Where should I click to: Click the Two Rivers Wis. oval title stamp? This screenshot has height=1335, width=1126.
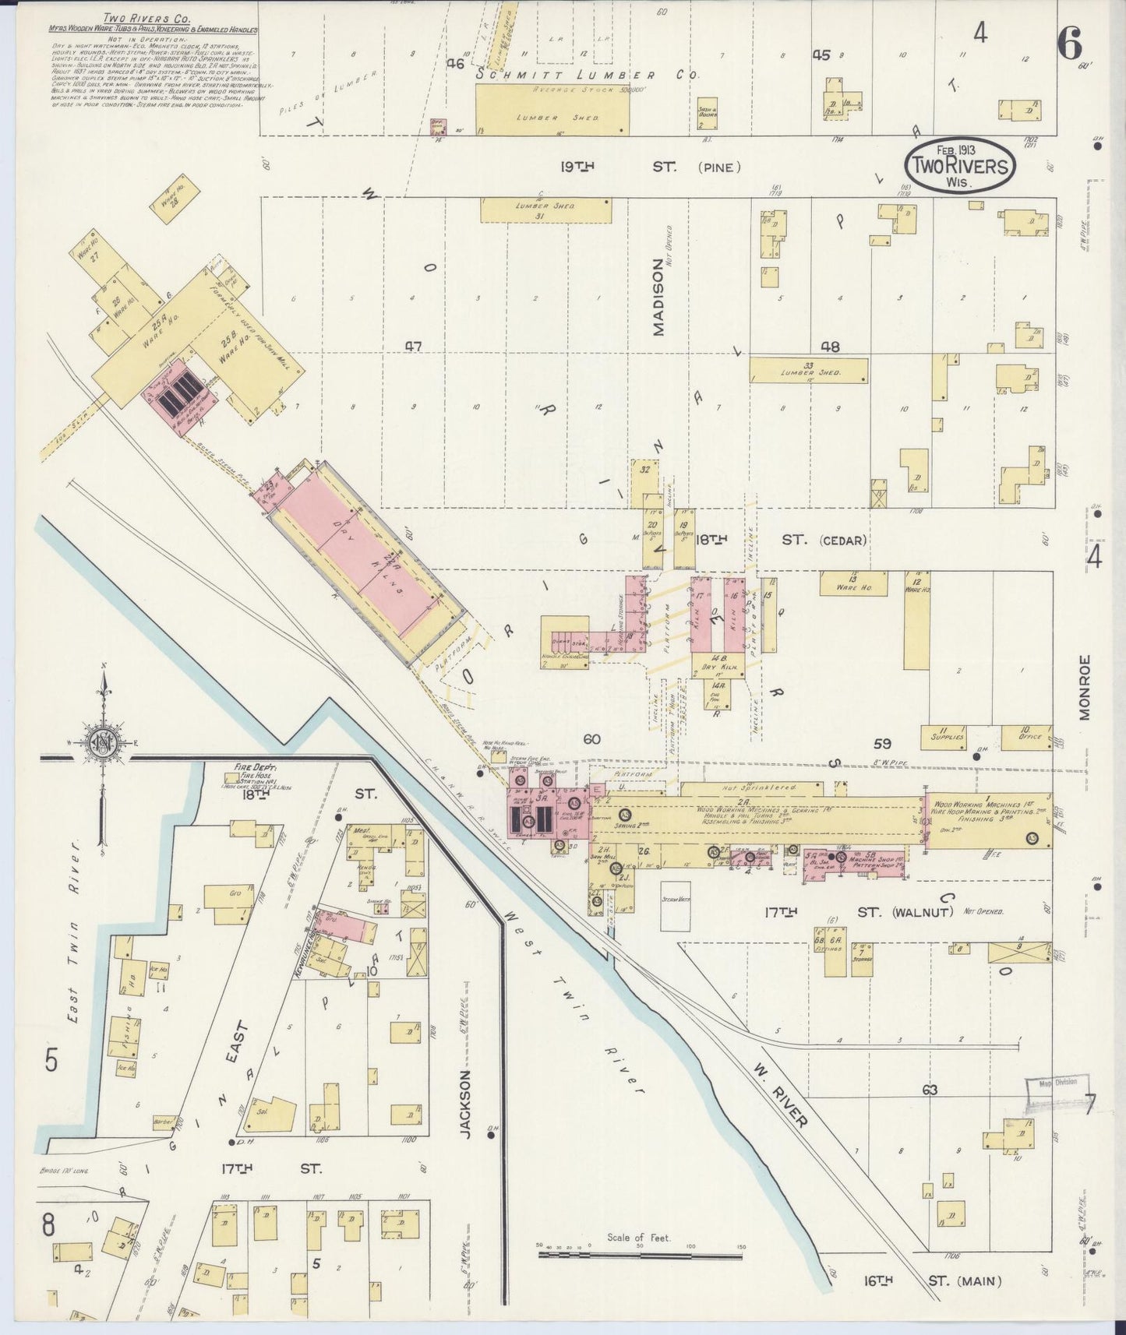pyautogui.click(x=960, y=164)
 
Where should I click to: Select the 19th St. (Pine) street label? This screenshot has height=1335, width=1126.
pyautogui.click(x=650, y=166)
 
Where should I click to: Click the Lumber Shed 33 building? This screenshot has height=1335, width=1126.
pyautogui.click(x=808, y=370)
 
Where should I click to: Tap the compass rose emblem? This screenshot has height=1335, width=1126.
pyautogui.click(x=103, y=741)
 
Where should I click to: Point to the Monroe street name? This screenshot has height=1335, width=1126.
pyautogui.click(x=1085, y=687)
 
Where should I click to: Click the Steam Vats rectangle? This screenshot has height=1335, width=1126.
pyautogui.click(x=675, y=906)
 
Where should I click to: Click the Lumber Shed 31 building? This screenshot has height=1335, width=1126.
pyautogui.click(x=545, y=210)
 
